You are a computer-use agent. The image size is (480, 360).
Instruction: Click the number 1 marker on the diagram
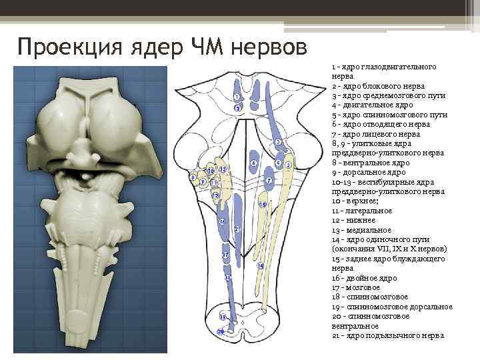click(x=237, y=97)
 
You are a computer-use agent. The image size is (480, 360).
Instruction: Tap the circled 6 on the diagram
click(x=253, y=163)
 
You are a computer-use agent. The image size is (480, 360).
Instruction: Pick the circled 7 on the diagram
click(x=268, y=180)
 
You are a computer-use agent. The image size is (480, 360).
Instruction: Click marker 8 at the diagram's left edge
click(x=193, y=178)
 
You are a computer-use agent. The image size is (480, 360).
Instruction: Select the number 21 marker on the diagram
click(x=237, y=229)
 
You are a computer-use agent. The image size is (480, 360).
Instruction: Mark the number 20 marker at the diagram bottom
click(x=221, y=331)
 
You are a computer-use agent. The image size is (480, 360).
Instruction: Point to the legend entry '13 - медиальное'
click(x=359, y=229)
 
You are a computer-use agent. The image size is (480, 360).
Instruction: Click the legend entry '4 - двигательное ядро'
click(x=372, y=105)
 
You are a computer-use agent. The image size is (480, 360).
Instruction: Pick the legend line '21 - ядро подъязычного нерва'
click(x=387, y=335)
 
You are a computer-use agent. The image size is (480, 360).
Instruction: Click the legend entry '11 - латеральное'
click(x=361, y=211)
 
